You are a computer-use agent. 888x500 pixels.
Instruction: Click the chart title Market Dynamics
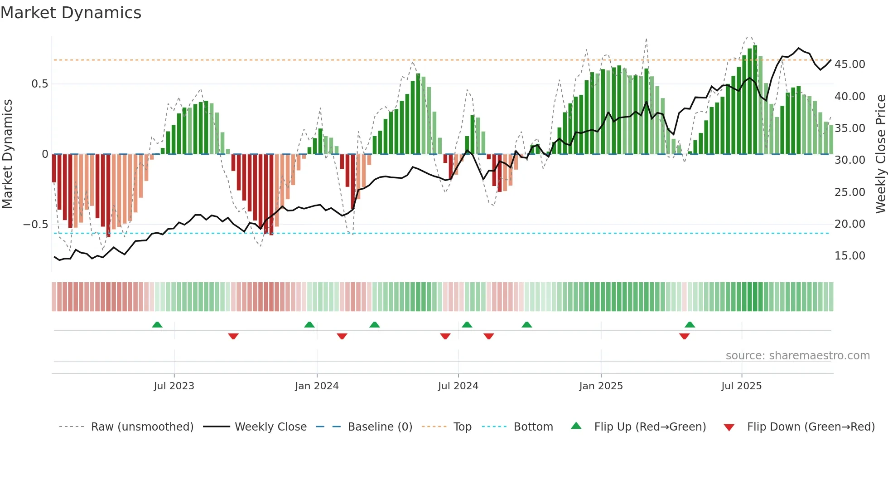[71, 13]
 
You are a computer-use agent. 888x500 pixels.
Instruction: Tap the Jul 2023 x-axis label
[174, 386]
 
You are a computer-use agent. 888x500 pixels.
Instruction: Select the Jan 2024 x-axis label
[317, 386]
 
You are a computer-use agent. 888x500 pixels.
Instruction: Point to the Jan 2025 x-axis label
[601, 386]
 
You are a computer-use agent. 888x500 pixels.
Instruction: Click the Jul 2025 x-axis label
[741, 386]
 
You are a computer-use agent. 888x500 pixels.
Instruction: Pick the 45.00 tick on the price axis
[849, 64]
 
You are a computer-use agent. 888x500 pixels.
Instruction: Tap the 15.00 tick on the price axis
[849, 256]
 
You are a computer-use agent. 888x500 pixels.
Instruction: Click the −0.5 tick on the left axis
[35, 225]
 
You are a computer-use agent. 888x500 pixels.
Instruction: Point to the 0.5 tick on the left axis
[39, 84]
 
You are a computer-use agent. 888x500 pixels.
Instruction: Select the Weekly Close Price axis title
[880, 154]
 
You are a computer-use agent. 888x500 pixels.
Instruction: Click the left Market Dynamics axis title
[7, 154]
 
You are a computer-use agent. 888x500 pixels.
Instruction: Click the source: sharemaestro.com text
[797, 356]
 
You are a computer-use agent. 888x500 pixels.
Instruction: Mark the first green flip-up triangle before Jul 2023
[157, 325]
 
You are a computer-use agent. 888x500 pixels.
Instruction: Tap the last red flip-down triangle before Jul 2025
[684, 336]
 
